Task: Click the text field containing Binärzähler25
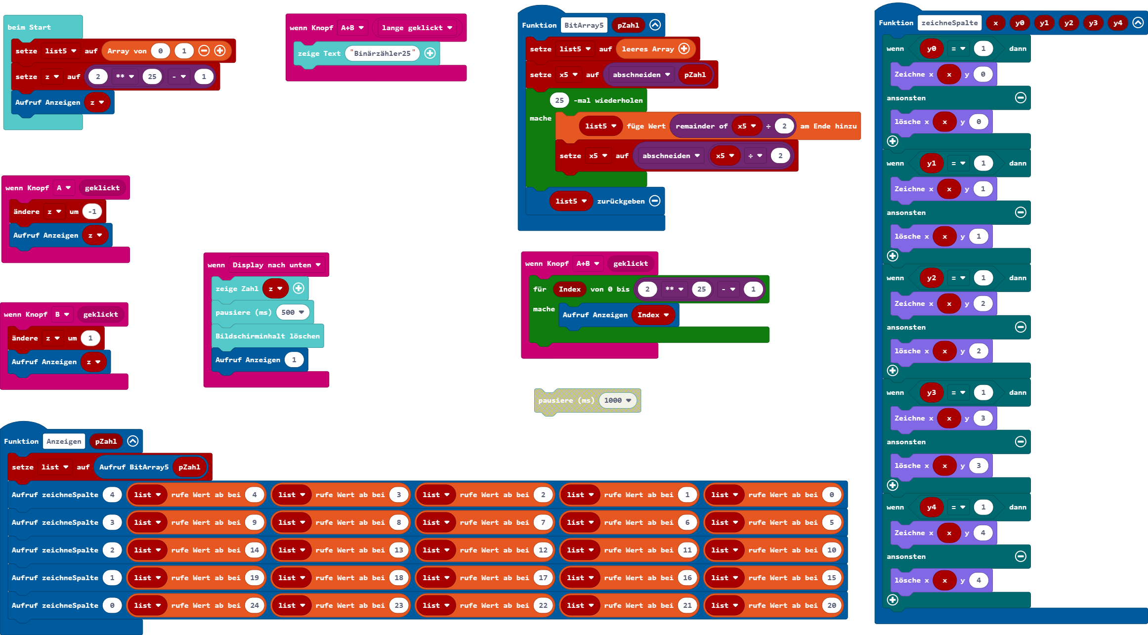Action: pyautogui.click(x=382, y=53)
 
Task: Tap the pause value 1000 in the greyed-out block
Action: pyautogui.click(x=613, y=400)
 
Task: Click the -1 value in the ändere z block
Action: pyautogui.click(x=92, y=212)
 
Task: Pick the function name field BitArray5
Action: pyautogui.click(x=584, y=25)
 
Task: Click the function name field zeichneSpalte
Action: pyautogui.click(x=949, y=23)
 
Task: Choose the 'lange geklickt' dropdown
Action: pyautogui.click(x=417, y=28)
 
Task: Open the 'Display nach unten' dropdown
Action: pyautogui.click(x=276, y=265)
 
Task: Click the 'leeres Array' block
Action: pyautogui.click(x=647, y=49)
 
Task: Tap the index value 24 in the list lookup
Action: pyautogui.click(x=255, y=605)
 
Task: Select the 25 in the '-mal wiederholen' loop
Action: pyautogui.click(x=559, y=100)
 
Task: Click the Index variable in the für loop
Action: pyautogui.click(x=569, y=289)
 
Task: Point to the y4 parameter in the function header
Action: pyautogui.click(x=1117, y=23)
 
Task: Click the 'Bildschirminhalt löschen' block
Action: pyautogui.click(x=267, y=336)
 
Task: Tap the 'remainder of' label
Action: pyautogui.click(x=701, y=126)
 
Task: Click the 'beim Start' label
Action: pyautogui.click(x=29, y=27)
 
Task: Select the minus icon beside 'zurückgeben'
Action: pyautogui.click(x=655, y=201)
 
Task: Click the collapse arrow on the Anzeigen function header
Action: pyautogui.click(x=133, y=441)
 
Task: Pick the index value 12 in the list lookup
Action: pyautogui.click(x=543, y=550)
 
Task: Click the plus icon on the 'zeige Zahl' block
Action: pyautogui.click(x=298, y=289)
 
